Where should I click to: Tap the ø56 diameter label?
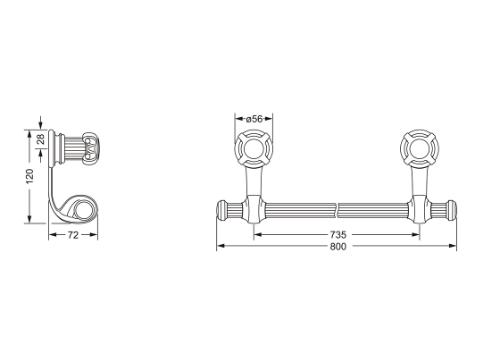point(254,119)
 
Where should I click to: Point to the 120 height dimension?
point(29,176)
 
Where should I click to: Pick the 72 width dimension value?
point(74,234)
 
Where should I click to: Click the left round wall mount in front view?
point(254,148)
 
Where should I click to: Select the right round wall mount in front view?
point(421,148)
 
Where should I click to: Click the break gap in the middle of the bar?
point(337,210)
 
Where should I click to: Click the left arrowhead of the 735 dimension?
point(257,234)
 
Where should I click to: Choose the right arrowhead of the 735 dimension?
point(417,234)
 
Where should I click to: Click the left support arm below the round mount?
point(254,188)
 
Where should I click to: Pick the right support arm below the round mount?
point(420,188)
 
